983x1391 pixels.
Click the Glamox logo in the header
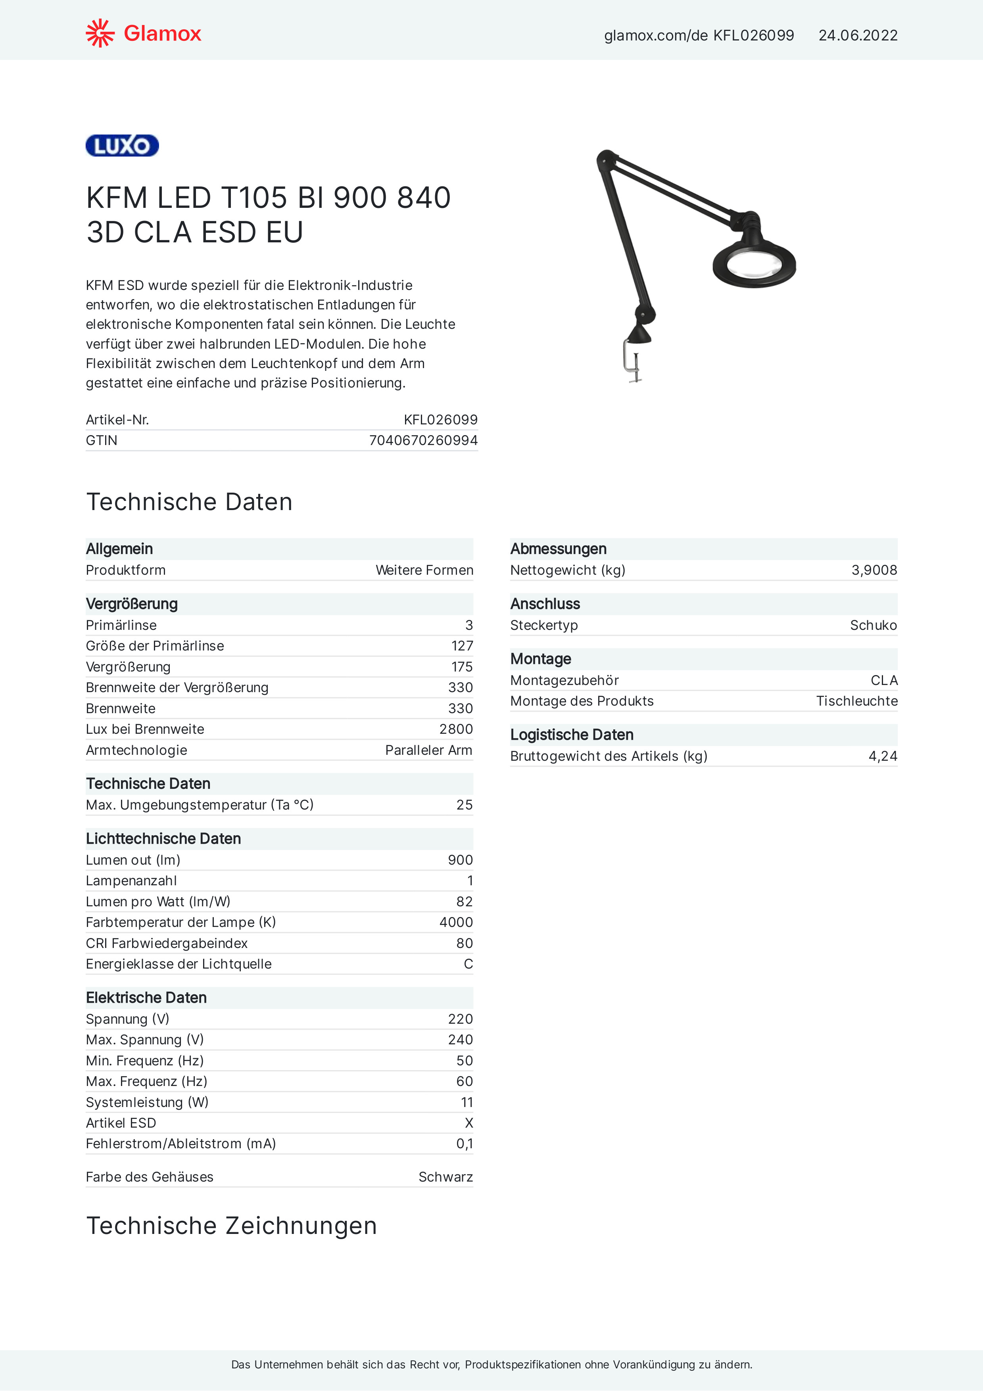click(143, 33)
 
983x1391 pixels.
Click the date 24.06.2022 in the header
click(858, 36)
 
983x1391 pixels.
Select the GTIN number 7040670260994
click(423, 440)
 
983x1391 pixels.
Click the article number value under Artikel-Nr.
click(441, 420)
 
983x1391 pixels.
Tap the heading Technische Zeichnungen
click(232, 1226)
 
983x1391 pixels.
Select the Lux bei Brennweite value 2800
click(456, 729)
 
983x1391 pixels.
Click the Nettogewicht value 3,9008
click(874, 570)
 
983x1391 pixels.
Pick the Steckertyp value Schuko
click(873, 625)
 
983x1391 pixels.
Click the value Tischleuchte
click(856, 701)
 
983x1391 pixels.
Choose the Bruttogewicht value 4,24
click(882, 756)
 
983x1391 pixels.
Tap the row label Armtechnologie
click(136, 750)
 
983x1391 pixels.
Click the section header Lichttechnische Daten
click(163, 838)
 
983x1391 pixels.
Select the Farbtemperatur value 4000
click(456, 922)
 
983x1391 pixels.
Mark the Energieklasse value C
click(468, 964)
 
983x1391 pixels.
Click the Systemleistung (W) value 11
click(467, 1102)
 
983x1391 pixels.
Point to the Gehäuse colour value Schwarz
click(445, 1176)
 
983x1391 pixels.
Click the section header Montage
click(541, 658)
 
